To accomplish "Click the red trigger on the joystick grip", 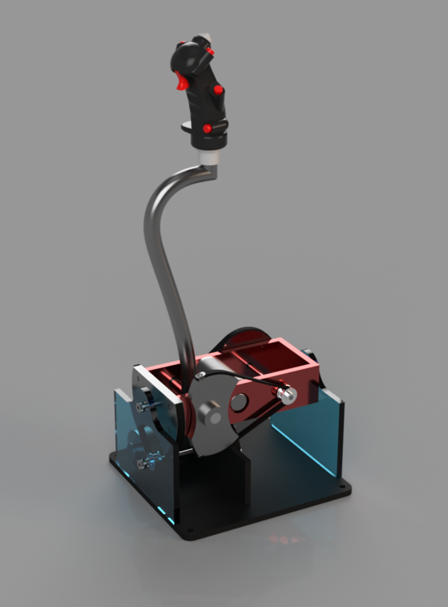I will [182, 80].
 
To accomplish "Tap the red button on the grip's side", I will [218, 91].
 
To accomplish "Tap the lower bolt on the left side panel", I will [146, 464].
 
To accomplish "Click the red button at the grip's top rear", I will [210, 52].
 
